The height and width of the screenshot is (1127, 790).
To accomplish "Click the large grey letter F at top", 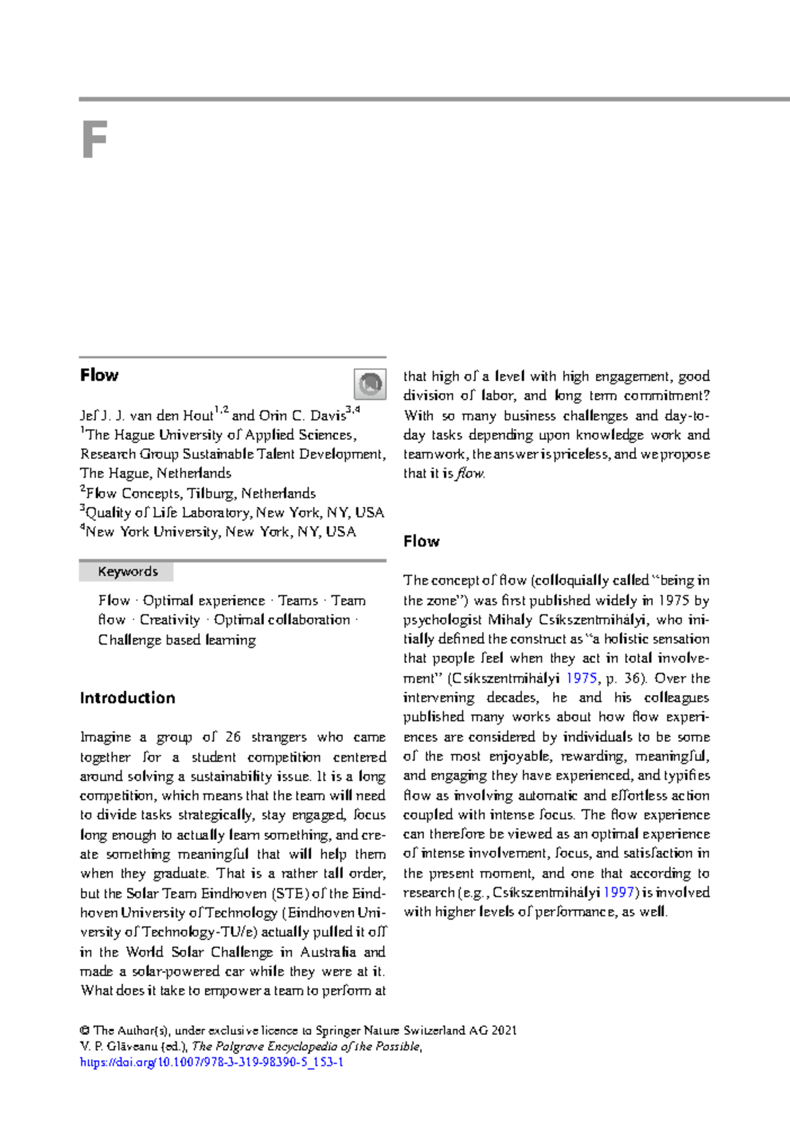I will (x=94, y=140).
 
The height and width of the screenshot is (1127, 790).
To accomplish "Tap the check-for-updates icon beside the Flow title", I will (x=370, y=384).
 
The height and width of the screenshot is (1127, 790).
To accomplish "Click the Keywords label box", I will (x=127, y=571).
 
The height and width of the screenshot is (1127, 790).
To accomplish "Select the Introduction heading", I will (x=127, y=698).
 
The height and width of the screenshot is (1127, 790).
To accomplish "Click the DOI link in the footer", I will (x=211, y=1062).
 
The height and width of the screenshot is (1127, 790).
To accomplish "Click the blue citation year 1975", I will (x=581, y=678).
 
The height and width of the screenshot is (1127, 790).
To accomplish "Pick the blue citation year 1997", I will (x=619, y=893).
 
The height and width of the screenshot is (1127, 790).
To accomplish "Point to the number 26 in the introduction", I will (x=232, y=737).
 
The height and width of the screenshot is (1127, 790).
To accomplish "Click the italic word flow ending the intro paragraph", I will (x=470, y=473).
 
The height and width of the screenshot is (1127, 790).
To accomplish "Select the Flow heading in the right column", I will (x=421, y=541).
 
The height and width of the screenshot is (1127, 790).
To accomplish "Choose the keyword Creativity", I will (x=169, y=619).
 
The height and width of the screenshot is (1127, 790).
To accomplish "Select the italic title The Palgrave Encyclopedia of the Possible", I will (x=306, y=1046).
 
